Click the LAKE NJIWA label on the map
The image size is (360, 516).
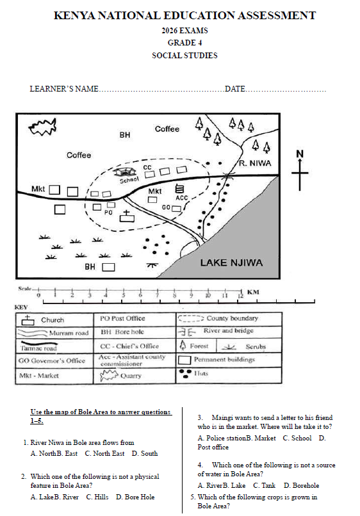pos(231,262)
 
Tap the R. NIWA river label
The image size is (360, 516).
pos(255,163)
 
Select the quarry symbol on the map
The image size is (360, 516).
pos(42,127)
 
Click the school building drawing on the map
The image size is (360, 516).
pos(124,172)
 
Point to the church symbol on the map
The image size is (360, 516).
pos(127,216)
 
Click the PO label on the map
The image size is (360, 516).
pos(108,213)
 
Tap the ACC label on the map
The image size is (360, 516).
pos(181,198)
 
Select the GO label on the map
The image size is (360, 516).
pos(166,207)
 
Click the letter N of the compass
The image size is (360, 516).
pos(300,154)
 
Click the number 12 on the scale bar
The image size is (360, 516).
pos(241,296)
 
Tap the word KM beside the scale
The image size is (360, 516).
pos(253,292)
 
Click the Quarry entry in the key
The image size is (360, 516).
pos(121,376)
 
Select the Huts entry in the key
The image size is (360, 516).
pos(193,373)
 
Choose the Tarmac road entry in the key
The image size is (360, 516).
pos(38,346)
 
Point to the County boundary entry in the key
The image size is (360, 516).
pos(218,319)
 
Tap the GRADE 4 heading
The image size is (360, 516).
pos(184,43)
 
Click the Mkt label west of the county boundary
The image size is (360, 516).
pos(38,189)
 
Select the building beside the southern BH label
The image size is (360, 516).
pos(108,267)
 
